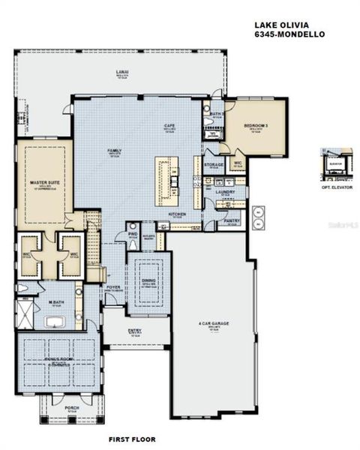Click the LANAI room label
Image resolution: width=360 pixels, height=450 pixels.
tap(121, 73)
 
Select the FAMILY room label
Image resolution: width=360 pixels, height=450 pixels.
tap(114, 151)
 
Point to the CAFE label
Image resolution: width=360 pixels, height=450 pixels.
tap(169, 126)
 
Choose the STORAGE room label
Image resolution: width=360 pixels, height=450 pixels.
tap(214, 164)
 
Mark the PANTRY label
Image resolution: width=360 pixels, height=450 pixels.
tap(232, 220)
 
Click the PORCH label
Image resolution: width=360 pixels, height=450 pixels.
tap(72, 408)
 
